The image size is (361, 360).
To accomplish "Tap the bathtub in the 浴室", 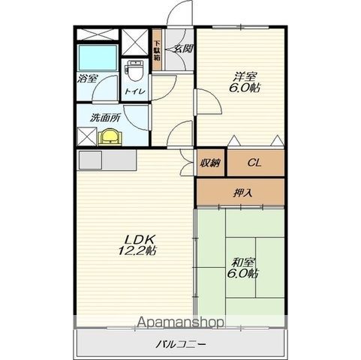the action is pos(98,58).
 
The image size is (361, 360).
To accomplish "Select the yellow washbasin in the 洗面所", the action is pos(110,136).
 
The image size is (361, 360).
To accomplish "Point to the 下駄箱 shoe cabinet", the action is pos(157,50).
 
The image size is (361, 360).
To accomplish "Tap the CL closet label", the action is pos(254,163).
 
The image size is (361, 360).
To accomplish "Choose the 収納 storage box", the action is pos(210,163).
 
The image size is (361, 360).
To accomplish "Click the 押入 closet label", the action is pos(242,193).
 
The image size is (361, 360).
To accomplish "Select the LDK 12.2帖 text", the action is pos(137,245).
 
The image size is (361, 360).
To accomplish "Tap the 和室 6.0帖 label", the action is pos(242,268).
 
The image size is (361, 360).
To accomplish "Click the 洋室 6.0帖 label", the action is pos(245,82).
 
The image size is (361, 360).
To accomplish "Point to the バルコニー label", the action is pos(181,344).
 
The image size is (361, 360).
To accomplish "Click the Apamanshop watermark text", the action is pos(180,322).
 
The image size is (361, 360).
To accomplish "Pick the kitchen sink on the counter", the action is pos(90,160).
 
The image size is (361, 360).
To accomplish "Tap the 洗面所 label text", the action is pos(106,118).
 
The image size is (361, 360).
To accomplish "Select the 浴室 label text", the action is pos(87,79).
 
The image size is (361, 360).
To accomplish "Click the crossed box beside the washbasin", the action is pos(86,136).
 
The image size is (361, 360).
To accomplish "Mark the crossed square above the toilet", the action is pos(135,42).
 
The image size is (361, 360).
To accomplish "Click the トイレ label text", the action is pos(135,91).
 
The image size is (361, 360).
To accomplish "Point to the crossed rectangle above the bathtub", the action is pos(97,34).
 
